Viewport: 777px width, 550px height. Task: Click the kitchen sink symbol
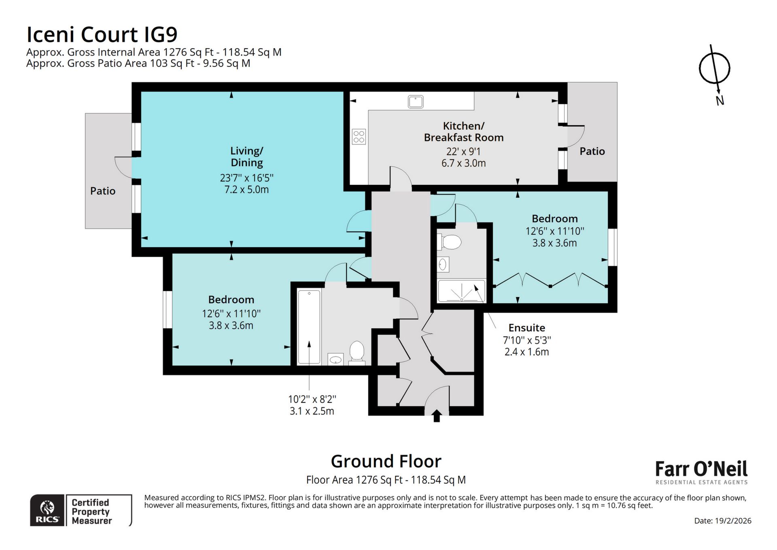click(x=416, y=101)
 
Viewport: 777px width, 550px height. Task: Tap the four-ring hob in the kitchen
click(x=359, y=136)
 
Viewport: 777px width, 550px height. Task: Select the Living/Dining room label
click(x=246, y=156)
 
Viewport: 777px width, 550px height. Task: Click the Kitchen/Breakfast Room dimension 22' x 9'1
click(x=463, y=151)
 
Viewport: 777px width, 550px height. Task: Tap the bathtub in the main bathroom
click(x=309, y=327)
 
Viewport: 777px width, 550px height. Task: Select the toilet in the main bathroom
click(x=357, y=351)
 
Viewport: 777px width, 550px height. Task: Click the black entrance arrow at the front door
click(x=437, y=416)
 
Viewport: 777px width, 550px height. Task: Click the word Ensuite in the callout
click(x=526, y=327)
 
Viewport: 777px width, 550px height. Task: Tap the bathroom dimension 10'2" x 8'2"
click(x=312, y=399)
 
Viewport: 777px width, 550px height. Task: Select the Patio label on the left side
click(x=103, y=191)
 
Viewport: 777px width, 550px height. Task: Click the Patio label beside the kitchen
click(x=592, y=151)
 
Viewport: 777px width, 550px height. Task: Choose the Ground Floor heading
click(x=386, y=461)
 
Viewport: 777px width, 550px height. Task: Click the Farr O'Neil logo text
click(x=701, y=469)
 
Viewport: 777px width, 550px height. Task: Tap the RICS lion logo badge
click(x=47, y=510)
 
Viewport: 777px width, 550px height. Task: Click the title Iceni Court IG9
click(x=102, y=34)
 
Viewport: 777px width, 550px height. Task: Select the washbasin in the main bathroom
click(x=335, y=359)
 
